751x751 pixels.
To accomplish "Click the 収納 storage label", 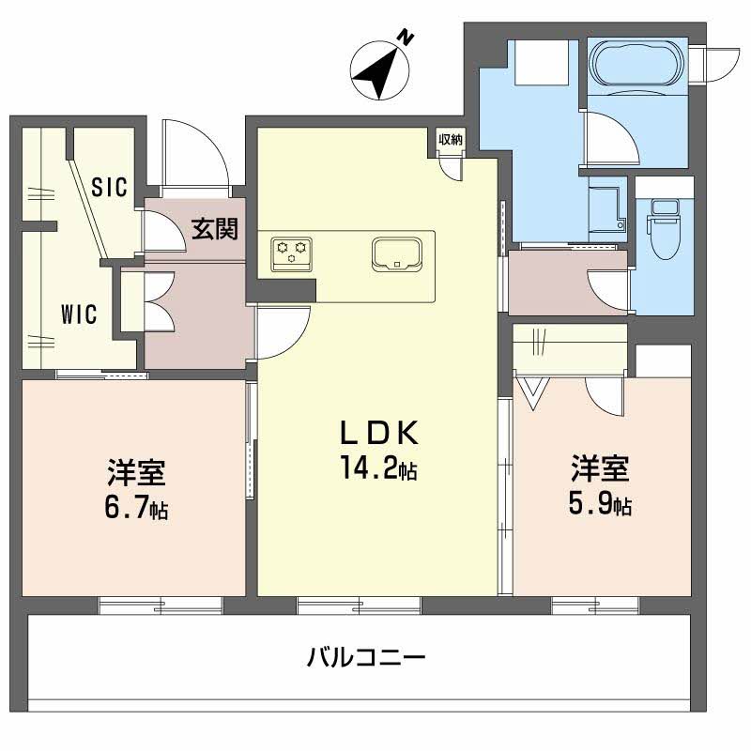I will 451,140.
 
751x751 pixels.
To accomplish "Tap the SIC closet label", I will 109,186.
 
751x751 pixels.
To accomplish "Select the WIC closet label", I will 79,314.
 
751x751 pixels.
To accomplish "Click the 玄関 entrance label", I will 214,228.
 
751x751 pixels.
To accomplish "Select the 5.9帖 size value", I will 601,505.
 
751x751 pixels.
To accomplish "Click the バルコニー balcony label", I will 367,656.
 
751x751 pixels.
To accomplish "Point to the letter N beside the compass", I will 406,38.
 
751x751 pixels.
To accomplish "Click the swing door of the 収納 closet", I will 452,165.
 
